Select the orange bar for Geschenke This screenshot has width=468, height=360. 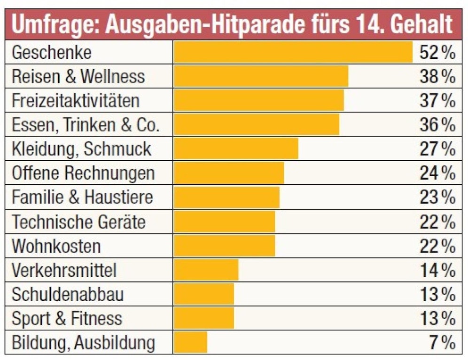point(293,52)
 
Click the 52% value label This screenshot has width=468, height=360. point(437,53)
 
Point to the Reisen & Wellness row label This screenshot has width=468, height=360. point(78,77)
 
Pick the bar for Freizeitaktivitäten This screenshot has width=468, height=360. point(258,101)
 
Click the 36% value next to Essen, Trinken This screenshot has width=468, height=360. point(437,125)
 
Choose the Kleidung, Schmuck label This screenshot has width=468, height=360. point(81,149)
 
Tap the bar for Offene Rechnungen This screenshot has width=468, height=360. point(229,173)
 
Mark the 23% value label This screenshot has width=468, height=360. point(437,197)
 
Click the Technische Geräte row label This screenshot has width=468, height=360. point(78,221)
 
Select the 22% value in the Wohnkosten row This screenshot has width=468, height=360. point(437,246)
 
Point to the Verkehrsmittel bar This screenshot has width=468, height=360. point(206,270)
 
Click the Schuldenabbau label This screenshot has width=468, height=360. point(68,295)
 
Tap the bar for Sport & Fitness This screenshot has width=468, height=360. point(203,318)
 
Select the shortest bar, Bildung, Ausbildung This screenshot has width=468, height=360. point(190,342)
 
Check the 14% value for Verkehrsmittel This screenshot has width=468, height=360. point(437,270)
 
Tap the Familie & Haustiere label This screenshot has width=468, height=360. point(82,197)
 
